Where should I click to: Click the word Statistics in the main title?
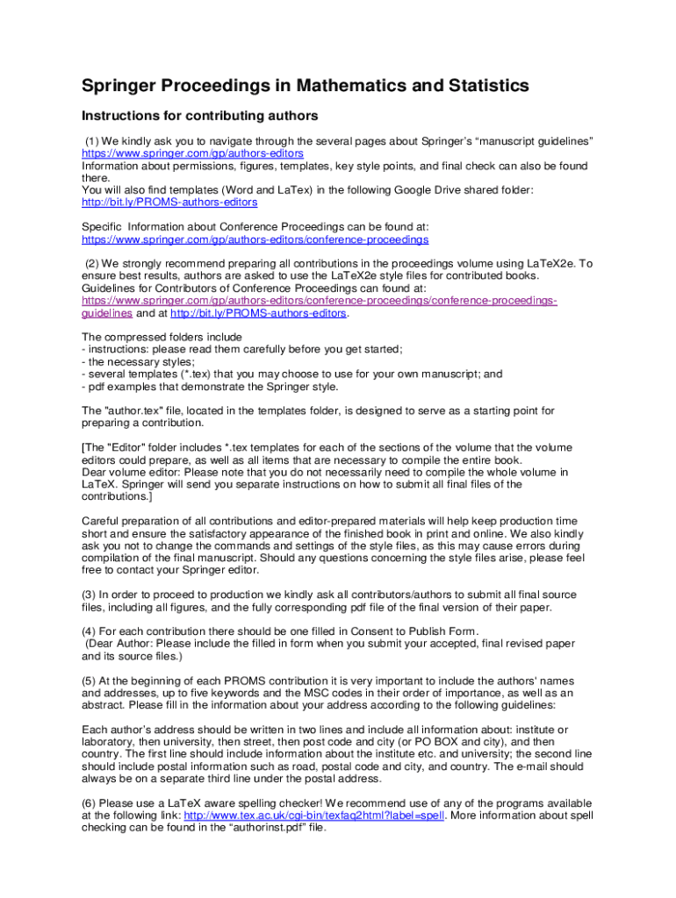(x=485, y=86)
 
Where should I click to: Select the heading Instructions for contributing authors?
(x=199, y=116)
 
